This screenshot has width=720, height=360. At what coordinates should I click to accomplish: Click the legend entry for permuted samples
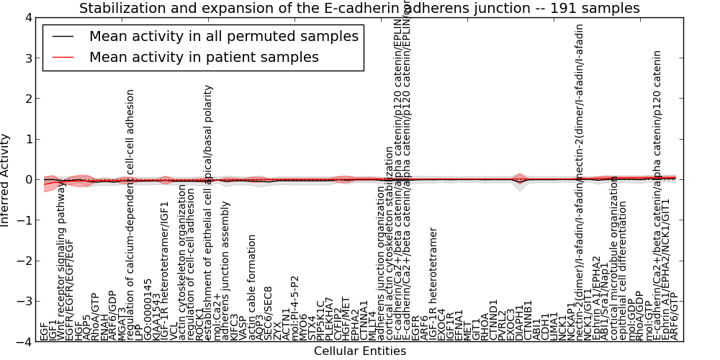pos(223,36)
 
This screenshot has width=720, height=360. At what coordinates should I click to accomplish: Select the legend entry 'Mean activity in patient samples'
pos(204,57)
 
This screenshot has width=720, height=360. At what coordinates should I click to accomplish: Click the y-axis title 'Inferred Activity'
pos(6,180)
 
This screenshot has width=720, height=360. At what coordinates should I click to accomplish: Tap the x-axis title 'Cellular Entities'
pos(360,351)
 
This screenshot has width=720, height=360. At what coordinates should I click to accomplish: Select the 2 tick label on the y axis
pos(28,99)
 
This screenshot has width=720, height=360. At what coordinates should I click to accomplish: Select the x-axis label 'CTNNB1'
pos(528,324)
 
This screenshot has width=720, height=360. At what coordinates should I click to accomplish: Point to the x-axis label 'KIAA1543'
pos(157,320)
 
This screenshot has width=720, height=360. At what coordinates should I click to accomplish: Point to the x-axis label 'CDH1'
pos(546,328)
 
